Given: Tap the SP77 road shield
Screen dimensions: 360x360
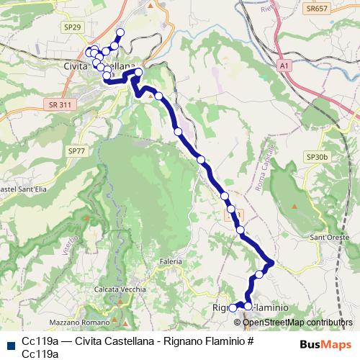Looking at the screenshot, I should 76,151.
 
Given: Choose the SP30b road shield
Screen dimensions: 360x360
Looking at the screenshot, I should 317,156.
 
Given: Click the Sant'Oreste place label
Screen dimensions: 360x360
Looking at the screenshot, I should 329,237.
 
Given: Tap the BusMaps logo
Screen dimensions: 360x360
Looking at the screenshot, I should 325,344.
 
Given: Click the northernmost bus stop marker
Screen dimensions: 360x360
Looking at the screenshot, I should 120,32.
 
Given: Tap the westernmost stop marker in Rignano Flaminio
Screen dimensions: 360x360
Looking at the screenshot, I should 233,308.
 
